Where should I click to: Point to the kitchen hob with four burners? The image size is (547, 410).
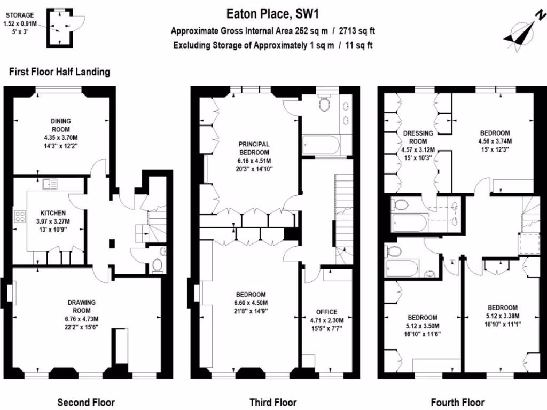(x=20, y=216)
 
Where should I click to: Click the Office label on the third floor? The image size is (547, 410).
(x=326, y=312)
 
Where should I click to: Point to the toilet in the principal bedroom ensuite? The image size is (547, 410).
(x=324, y=105)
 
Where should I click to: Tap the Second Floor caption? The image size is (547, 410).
(x=85, y=402)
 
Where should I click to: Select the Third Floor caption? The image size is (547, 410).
(x=273, y=402)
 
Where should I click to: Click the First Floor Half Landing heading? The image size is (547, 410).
(x=59, y=72)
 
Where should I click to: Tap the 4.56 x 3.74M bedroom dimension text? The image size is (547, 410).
(x=495, y=141)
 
